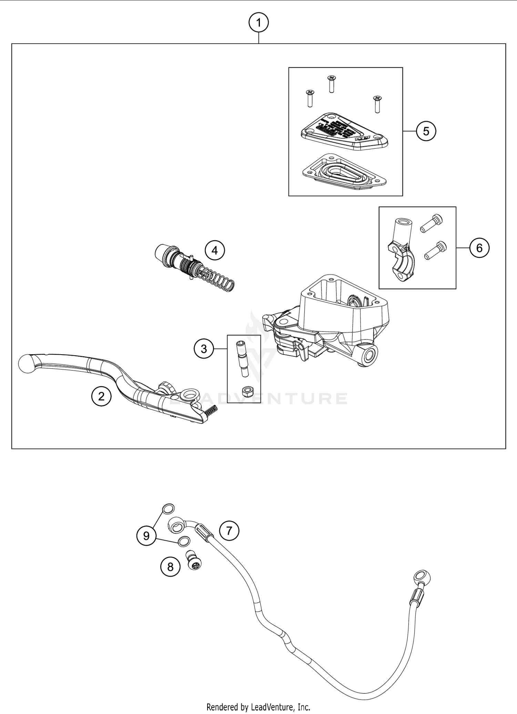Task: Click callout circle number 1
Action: pyautogui.click(x=258, y=23)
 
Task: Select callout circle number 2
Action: pyautogui.click(x=101, y=397)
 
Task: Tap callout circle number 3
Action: pyautogui.click(x=204, y=349)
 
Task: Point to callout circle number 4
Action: pyautogui.click(x=215, y=250)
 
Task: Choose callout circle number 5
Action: pyautogui.click(x=426, y=131)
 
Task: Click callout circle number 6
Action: pyautogui.click(x=479, y=248)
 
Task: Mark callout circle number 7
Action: pyautogui.click(x=229, y=531)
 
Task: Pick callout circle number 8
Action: pyautogui.click(x=170, y=567)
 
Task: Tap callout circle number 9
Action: pyautogui.click(x=146, y=536)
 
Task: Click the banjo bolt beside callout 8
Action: pyautogui.click(x=194, y=560)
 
